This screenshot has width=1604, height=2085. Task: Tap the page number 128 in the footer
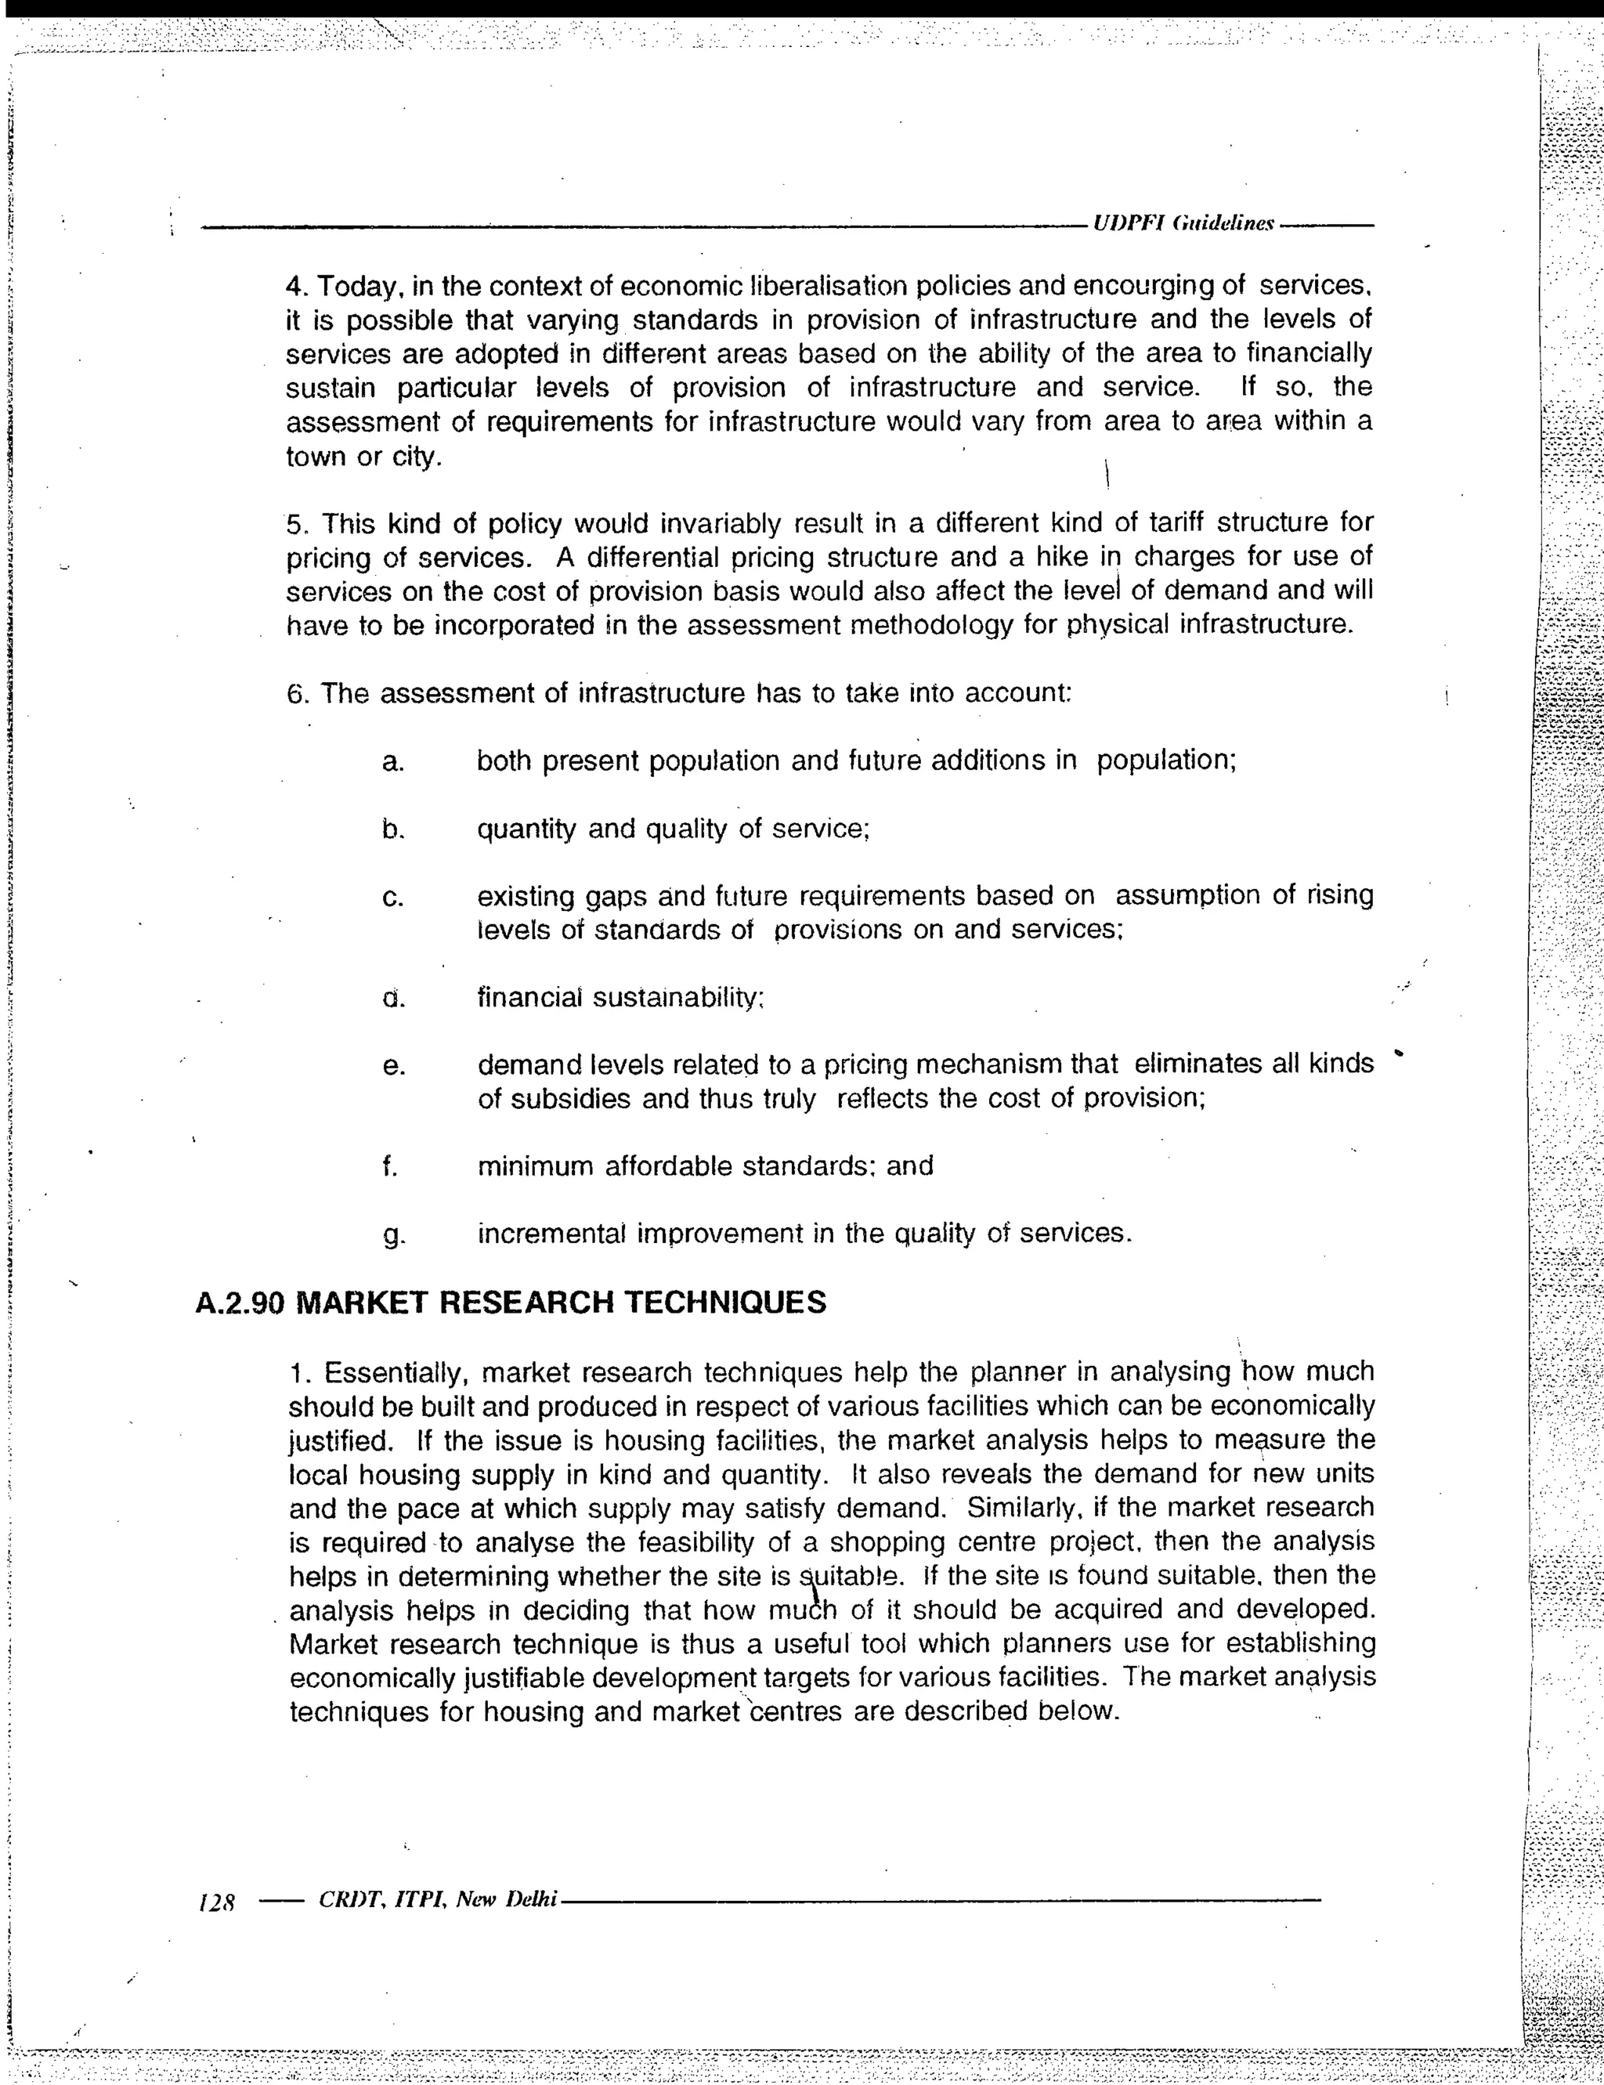(x=217, y=1902)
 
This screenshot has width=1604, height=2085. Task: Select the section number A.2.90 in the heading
(x=240, y=1303)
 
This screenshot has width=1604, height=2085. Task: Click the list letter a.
(x=392, y=762)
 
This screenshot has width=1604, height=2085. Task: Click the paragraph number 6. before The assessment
(x=298, y=693)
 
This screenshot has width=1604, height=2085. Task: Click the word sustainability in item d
(x=679, y=998)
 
